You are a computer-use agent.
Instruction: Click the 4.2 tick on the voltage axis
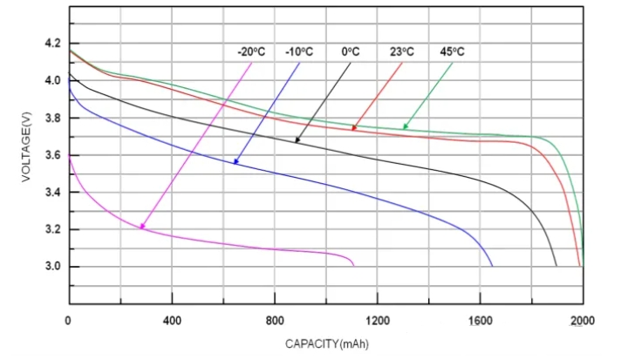(x=52, y=43)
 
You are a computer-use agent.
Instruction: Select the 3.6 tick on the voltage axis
(x=52, y=155)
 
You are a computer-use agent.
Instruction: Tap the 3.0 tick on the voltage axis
(x=52, y=267)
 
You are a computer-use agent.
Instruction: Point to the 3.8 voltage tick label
(x=52, y=118)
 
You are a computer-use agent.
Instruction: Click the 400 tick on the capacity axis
(x=171, y=320)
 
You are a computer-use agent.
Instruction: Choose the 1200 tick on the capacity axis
(x=378, y=320)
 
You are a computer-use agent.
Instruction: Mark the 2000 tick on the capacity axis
(x=583, y=320)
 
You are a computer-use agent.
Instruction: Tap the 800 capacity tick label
(x=275, y=320)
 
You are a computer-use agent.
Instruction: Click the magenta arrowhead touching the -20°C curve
(x=141, y=227)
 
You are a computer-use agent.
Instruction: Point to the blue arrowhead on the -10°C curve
(x=235, y=161)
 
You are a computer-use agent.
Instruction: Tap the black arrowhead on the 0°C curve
(x=298, y=139)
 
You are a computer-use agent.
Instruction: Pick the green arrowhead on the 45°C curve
(x=405, y=127)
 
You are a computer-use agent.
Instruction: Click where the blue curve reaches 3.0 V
(x=492, y=266)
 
